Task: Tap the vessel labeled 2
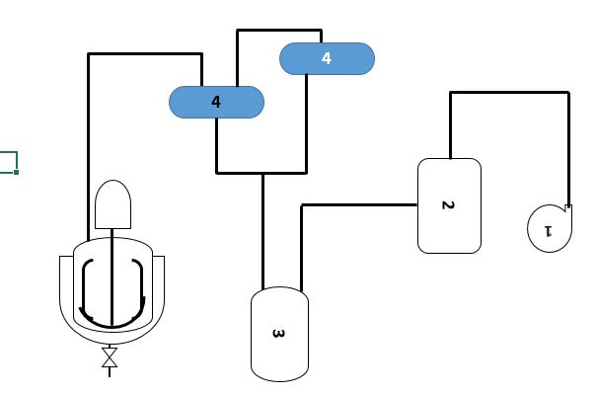[450, 205]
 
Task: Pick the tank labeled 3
[279, 334]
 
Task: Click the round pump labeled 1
[548, 227]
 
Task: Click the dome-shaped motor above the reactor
[112, 205]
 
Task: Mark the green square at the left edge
[8, 162]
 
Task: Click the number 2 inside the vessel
[447, 205]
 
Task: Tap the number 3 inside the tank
[278, 334]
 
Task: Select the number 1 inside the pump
[548, 231]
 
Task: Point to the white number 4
[327, 58]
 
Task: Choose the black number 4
[216, 102]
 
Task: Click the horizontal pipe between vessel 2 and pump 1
[509, 93]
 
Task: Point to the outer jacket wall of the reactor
[64, 296]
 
